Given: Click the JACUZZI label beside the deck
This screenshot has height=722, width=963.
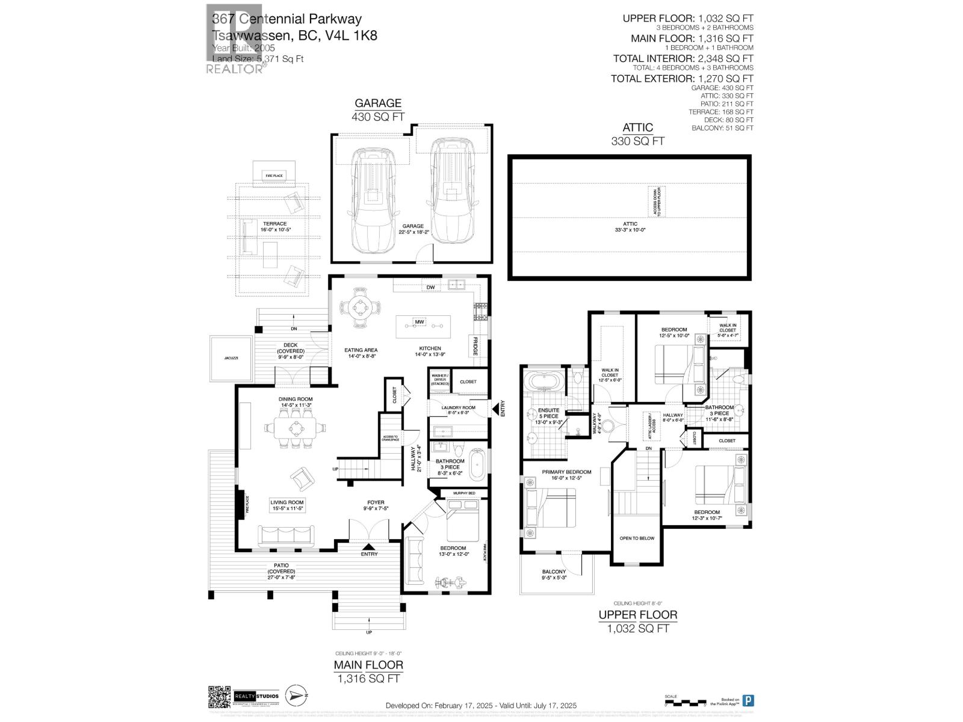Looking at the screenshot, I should click(231, 358).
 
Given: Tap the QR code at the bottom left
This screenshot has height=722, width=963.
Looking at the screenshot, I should click(219, 697).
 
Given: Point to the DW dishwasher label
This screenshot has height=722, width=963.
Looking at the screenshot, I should click(430, 288).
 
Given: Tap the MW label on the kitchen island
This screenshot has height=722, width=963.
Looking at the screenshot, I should click(420, 323).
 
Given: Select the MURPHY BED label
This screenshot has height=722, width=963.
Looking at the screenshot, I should click(463, 493).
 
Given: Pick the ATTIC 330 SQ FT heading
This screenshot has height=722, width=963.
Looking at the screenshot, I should click(637, 134).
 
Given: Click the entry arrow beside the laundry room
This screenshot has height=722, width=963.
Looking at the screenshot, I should click(498, 409).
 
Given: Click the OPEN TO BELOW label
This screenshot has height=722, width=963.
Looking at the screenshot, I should click(637, 538).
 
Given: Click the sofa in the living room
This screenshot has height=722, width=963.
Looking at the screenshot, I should click(286, 534).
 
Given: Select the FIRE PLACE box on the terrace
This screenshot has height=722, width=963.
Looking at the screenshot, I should click(274, 176).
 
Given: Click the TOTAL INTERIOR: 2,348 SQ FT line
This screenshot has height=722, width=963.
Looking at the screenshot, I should click(683, 58).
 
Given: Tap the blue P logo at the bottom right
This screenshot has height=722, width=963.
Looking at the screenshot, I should click(748, 700).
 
